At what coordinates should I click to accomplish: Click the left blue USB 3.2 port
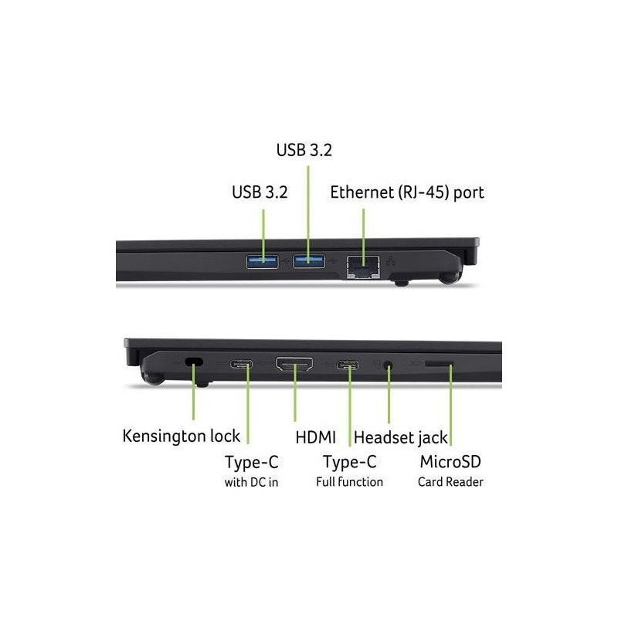[x=262, y=261]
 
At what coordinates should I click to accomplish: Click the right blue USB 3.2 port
[x=308, y=261]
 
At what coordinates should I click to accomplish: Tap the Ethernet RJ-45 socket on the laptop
[x=363, y=267]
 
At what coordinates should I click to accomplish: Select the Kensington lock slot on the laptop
[x=194, y=362]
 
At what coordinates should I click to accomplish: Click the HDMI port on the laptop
[x=294, y=364]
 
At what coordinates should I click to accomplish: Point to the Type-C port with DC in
[x=241, y=363]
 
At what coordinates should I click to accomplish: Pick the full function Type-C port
[x=348, y=365]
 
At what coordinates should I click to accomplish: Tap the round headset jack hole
[x=389, y=365]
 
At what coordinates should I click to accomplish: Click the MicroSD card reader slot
[x=439, y=363]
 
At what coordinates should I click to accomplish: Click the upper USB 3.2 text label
[x=304, y=150]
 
